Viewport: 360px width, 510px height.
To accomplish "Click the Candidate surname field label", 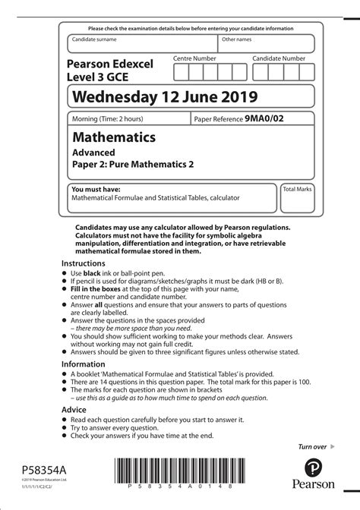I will coord(94,39).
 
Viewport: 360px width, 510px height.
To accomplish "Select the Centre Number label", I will coord(194,58).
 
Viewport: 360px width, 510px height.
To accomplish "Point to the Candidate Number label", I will coord(279,58).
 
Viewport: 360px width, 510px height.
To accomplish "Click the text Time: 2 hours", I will coord(122,119).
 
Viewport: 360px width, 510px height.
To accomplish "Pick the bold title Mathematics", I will coord(114,138).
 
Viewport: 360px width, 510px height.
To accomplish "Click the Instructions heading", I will coord(88,262).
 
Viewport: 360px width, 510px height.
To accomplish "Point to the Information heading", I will coord(87,364).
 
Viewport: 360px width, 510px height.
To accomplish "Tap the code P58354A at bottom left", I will coord(35,471).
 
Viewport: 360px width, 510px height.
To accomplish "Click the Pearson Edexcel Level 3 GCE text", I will coord(109,70).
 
